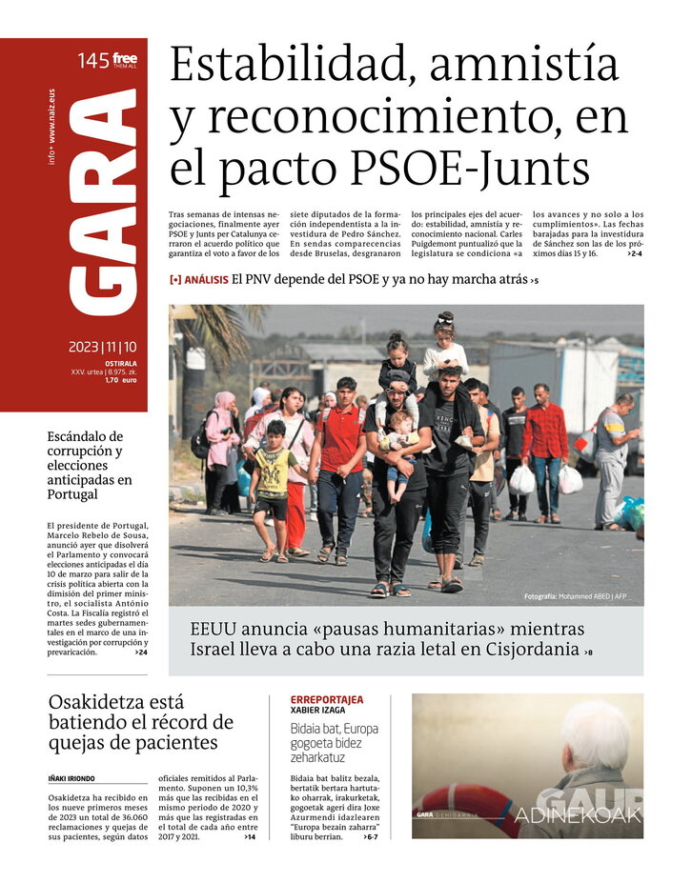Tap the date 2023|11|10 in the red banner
(x=102, y=348)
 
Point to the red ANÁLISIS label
(x=206, y=280)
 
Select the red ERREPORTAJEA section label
(x=327, y=700)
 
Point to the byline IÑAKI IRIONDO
(x=71, y=778)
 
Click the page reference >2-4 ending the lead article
(x=634, y=255)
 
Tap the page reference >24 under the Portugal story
(x=141, y=652)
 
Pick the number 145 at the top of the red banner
(x=92, y=61)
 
